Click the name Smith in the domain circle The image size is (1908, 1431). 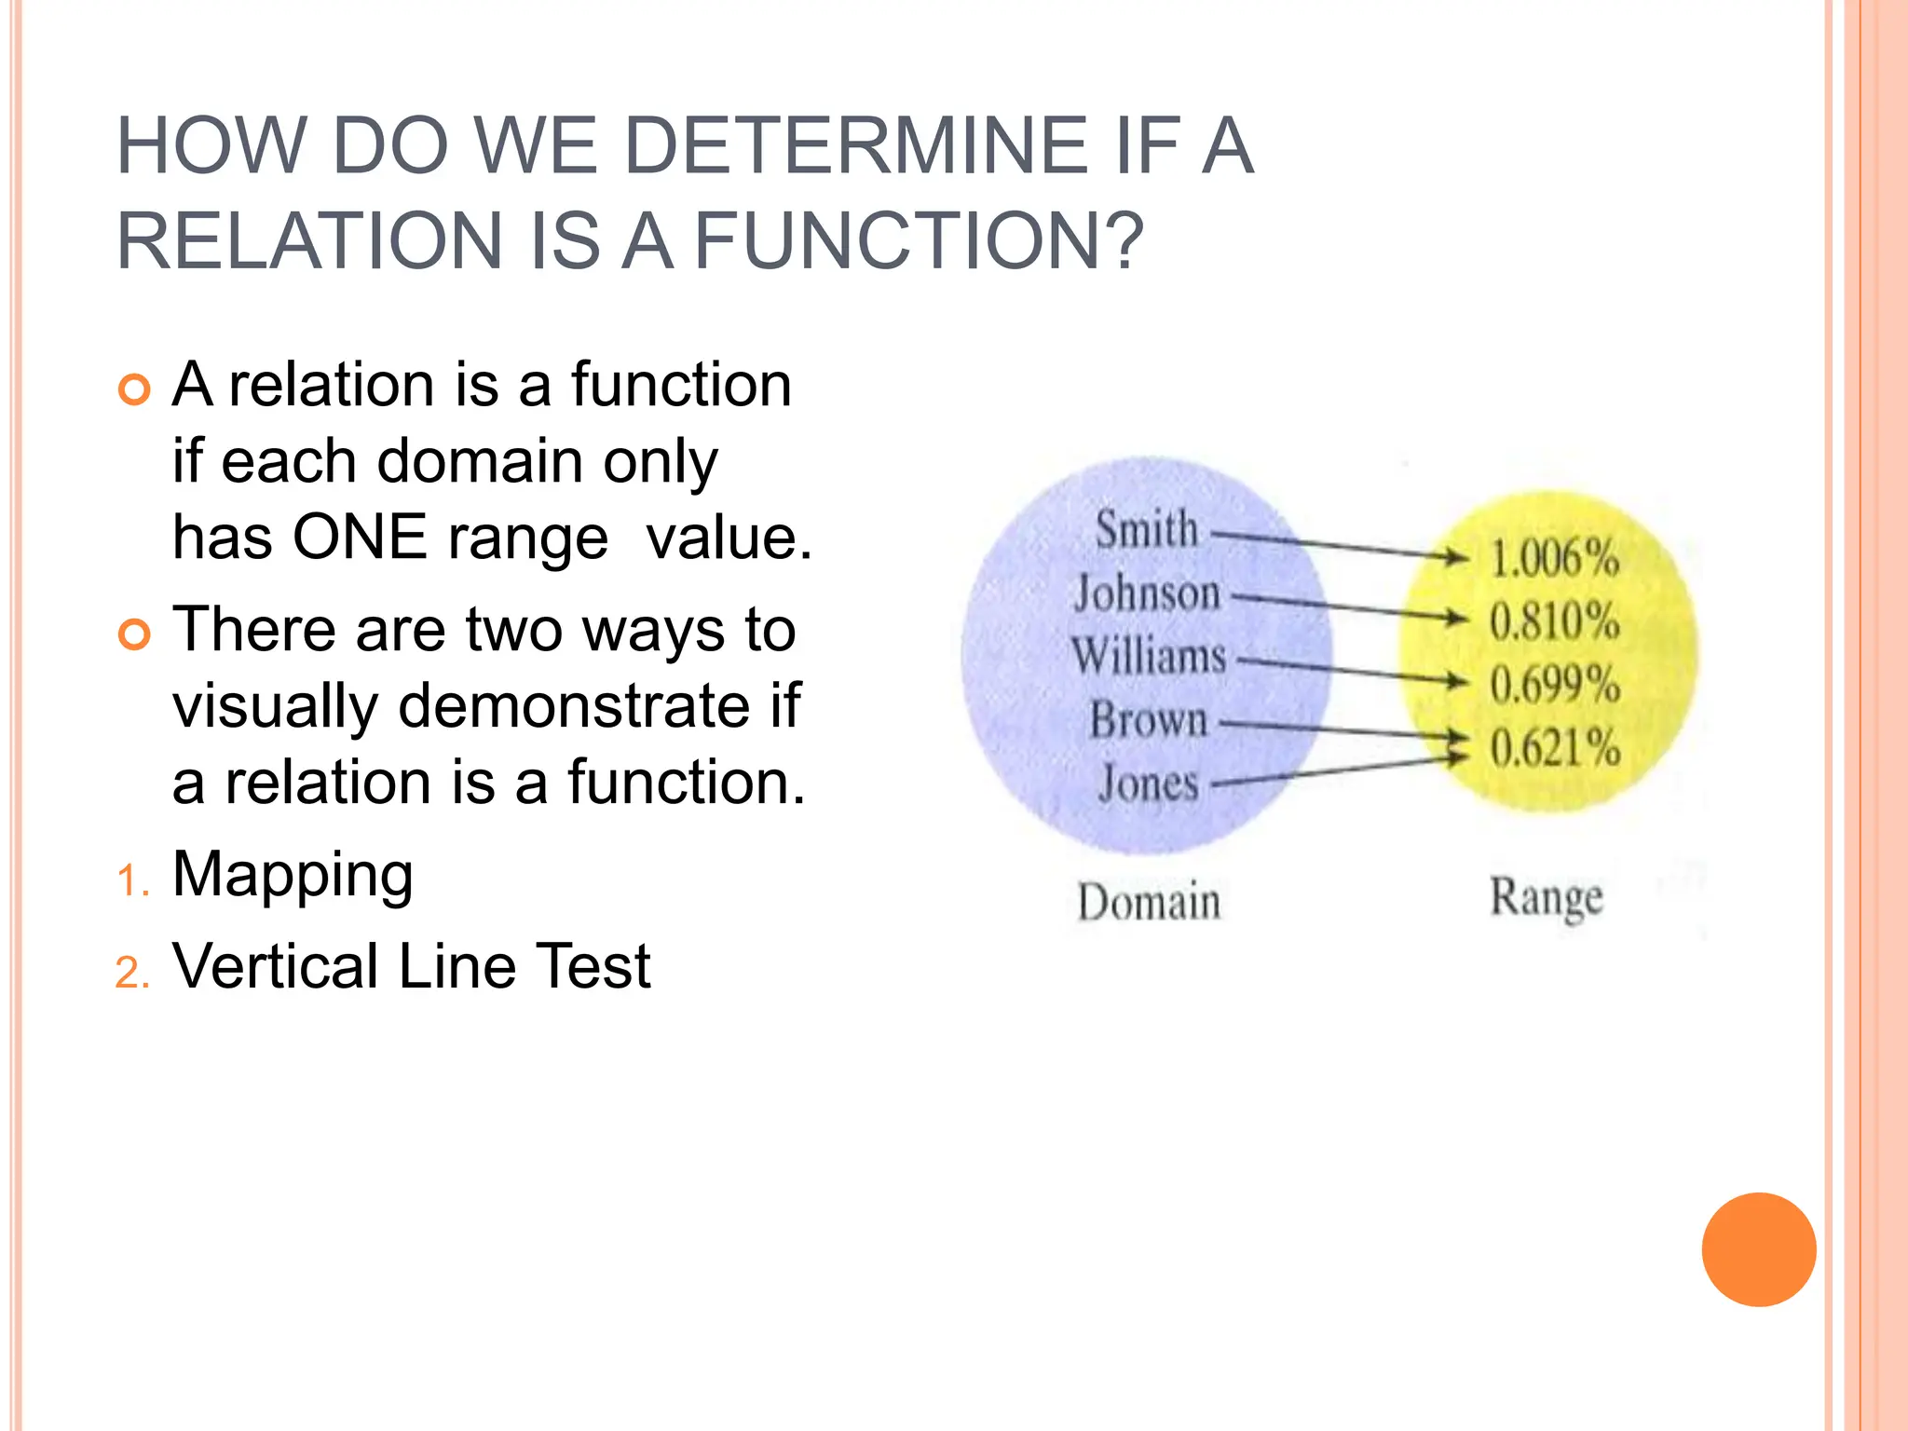tap(1146, 529)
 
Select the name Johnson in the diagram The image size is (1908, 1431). tap(1147, 593)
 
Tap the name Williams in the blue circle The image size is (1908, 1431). tap(1148, 656)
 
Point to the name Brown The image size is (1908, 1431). tap(1148, 720)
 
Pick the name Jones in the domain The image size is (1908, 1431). tap(1148, 783)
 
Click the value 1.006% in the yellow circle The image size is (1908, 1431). tap(1554, 557)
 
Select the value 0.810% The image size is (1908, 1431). tap(1554, 620)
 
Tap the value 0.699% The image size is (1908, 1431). tap(1554, 684)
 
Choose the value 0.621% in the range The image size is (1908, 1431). tap(1554, 747)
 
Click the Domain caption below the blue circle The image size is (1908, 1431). tap(1148, 902)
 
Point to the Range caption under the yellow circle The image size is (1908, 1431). tap(1547, 898)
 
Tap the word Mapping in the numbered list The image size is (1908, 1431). tap(293, 876)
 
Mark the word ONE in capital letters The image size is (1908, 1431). tap(360, 538)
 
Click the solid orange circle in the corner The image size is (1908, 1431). tap(1758, 1249)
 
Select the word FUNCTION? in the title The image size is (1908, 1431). tap(919, 240)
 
